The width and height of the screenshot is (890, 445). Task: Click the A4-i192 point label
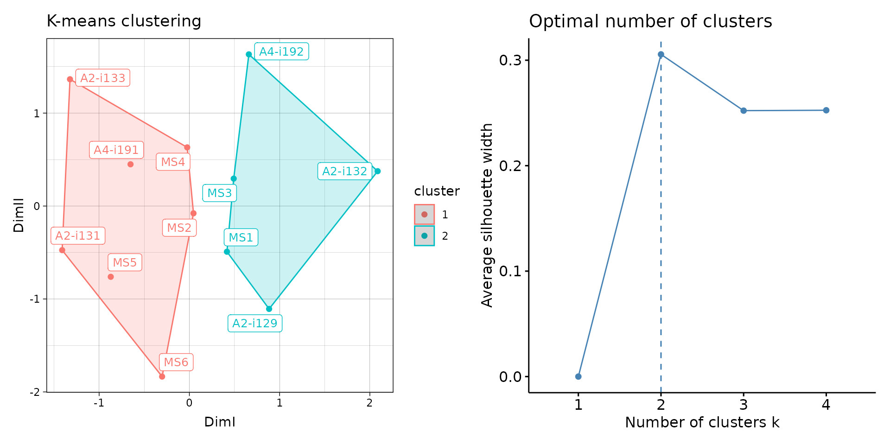pos(281,51)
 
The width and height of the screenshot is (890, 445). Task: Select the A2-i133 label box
pos(102,78)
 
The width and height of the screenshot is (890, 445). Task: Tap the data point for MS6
pos(162,376)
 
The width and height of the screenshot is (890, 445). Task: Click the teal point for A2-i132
pos(377,171)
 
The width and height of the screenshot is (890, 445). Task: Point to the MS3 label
pos(219,193)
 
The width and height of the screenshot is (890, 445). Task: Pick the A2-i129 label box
pos(254,323)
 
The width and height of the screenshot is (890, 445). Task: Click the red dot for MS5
pos(111,277)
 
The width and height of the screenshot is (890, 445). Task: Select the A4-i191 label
pos(116,150)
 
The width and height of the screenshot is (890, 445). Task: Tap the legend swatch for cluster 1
pos(424,214)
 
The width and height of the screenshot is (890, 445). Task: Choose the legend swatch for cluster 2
pos(424,235)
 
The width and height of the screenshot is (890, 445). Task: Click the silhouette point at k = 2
pos(661,55)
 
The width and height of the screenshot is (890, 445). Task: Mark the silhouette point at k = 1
pos(578,376)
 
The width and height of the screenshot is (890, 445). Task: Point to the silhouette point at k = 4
pos(826,110)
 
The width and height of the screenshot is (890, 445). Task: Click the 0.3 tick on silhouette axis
pos(510,60)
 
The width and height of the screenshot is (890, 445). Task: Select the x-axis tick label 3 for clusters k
pos(744,405)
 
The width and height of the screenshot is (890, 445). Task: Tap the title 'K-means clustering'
pos(124,21)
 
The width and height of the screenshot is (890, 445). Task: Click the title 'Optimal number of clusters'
pos(650,21)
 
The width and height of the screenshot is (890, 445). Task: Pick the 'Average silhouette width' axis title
pos(487,215)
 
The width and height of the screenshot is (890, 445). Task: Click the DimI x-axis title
pos(220,422)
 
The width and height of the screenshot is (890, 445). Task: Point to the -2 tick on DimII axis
pos(35,392)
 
